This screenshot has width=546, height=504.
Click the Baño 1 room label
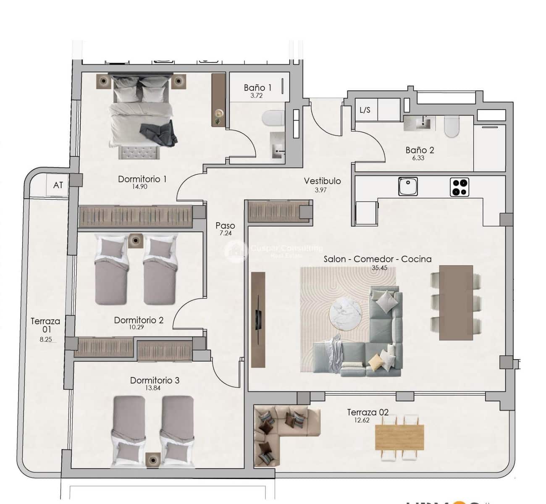(x=257, y=87)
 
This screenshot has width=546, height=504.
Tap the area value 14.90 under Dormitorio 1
(x=139, y=187)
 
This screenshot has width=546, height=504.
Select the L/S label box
(x=365, y=110)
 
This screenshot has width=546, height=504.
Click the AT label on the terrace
(x=58, y=185)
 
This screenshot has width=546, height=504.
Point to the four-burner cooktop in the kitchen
(x=459, y=187)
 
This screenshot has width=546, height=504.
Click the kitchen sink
(x=408, y=186)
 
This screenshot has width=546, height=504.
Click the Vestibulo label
(x=322, y=181)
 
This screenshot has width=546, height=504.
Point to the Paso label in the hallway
(x=225, y=226)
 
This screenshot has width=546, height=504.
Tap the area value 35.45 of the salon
(x=379, y=268)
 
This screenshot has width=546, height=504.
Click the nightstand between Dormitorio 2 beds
(x=135, y=240)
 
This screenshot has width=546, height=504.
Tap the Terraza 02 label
(x=367, y=412)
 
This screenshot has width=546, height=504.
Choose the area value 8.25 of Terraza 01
(x=45, y=339)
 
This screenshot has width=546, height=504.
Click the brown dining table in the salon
(x=456, y=302)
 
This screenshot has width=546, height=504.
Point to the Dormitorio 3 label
(x=155, y=380)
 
